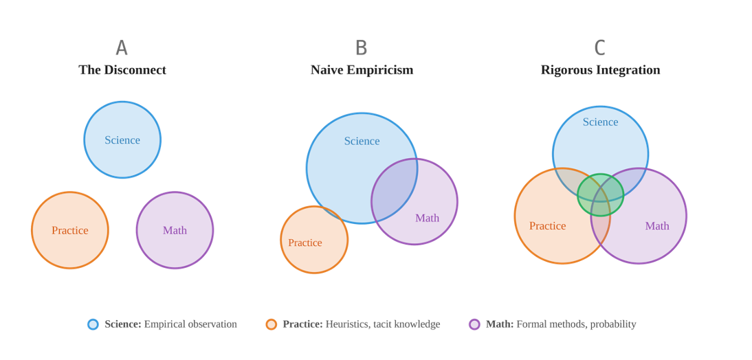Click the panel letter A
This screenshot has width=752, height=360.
122,48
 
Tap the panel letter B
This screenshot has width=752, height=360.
362,48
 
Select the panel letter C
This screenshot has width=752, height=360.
600,48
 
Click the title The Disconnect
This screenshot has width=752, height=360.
122,70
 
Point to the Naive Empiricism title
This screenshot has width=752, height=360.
362,70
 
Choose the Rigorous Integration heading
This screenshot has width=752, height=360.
600,70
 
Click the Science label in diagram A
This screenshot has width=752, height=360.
122,140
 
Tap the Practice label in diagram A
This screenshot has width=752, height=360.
70,231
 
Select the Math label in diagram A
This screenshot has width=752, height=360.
175,231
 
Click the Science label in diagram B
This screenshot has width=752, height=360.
362,142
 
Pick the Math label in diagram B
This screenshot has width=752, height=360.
427,218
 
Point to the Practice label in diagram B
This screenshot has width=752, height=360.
305,243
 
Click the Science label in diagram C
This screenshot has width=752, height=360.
600,122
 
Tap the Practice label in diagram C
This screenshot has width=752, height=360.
548,226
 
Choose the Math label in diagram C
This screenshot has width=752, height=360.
657,226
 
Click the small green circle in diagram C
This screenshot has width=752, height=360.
600,195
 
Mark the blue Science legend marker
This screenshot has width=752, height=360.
93,324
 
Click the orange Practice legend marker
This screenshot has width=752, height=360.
272,324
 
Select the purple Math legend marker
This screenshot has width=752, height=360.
474,324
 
